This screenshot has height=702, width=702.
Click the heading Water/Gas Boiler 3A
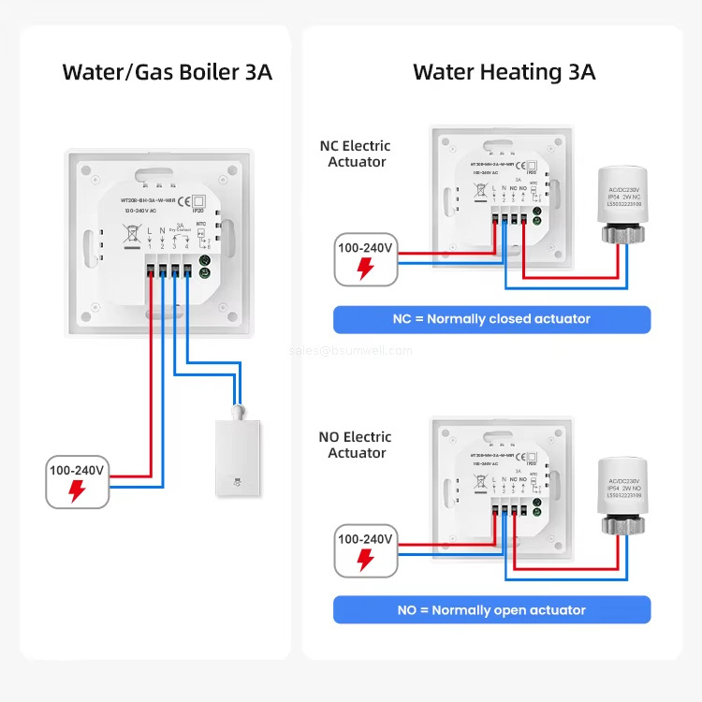[167, 71]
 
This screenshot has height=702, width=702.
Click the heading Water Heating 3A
[504, 71]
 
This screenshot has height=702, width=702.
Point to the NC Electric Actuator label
[356, 154]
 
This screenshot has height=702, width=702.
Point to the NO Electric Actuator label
[357, 445]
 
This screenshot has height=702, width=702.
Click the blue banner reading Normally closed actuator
[491, 319]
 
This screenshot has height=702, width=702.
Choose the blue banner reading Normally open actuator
[491, 610]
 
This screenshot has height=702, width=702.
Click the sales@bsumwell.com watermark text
[351, 351]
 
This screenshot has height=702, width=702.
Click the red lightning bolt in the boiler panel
[78, 491]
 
